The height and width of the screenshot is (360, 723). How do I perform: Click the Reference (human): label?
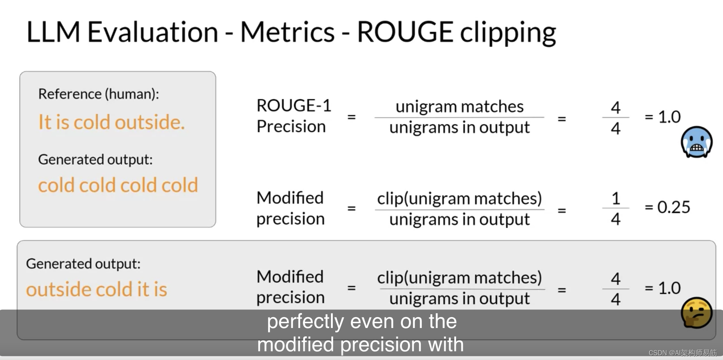pos(99,94)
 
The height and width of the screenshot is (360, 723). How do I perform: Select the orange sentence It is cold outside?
pos(111,122)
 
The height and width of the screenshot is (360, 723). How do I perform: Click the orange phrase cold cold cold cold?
pos(118,185)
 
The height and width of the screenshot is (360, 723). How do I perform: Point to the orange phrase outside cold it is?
pos(96,289)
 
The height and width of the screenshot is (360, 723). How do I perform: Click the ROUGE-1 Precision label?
pos(293,116)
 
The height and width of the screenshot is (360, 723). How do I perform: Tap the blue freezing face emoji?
pos(696,142)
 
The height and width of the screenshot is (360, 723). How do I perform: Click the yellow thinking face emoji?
pos(696,313)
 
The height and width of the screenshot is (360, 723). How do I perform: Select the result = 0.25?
pos(667,207)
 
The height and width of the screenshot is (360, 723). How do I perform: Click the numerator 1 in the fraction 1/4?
pos(616,199)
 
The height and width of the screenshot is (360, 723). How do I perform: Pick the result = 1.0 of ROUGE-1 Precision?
pos(663,117)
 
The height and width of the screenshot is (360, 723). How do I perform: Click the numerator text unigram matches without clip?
pos(459,107)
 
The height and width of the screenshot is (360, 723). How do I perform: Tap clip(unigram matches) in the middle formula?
pos(459,199)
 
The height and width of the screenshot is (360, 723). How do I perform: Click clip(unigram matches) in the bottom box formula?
pos(459,278)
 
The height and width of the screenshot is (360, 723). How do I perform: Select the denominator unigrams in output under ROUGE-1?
pos(459,128)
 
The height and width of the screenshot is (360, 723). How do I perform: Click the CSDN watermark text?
pos(682,353)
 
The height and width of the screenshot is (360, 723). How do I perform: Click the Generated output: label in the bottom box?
pos(83,264)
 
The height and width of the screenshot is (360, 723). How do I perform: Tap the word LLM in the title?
pos(53,32)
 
